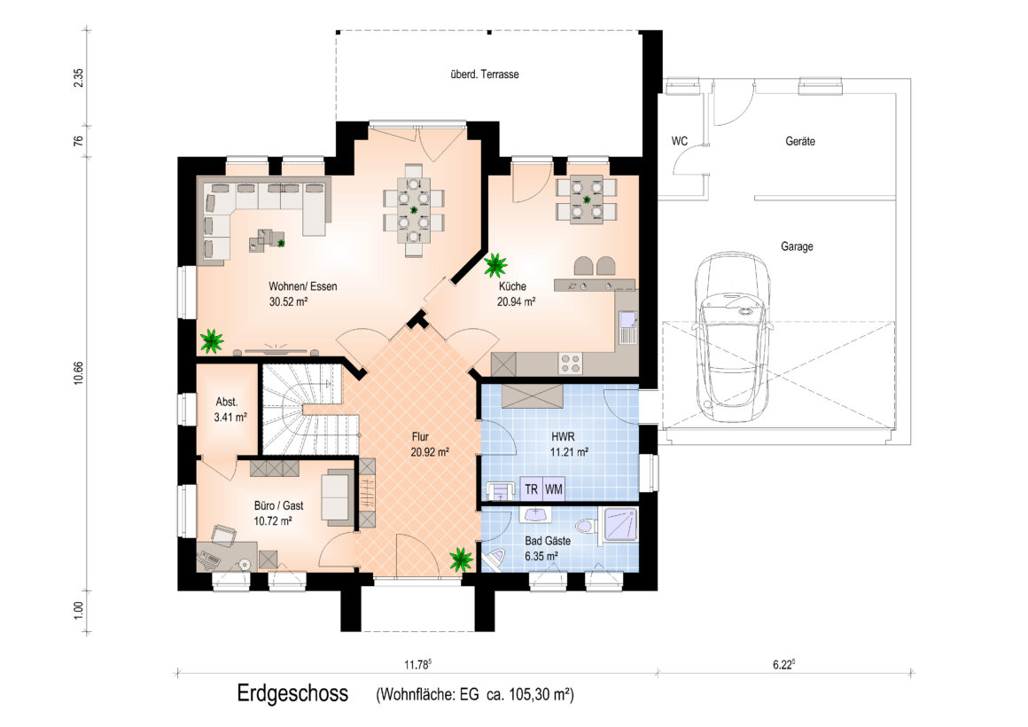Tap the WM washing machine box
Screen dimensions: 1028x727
(x=554, y=489)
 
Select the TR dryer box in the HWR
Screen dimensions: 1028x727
(x=531, y=489)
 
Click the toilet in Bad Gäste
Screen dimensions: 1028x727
(x=586, y=527)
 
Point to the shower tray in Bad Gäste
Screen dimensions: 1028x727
(x=619, y=524)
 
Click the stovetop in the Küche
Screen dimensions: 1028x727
(x=570, y=363)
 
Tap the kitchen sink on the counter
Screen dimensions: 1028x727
(x=628, y=327)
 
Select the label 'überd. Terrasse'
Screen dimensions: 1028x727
(x=485, y=74)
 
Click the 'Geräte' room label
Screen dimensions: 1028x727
(x=800, y=141)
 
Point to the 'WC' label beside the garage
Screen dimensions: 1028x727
(x=679, y=141)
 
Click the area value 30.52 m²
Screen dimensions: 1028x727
(x=289, y=301)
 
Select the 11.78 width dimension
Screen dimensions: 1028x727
(x=417, y=665)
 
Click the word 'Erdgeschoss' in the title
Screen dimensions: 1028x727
(x=292, y=693)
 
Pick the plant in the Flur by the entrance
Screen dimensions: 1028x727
(x=461, y=559)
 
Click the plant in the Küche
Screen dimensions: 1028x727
(x=495, y=265)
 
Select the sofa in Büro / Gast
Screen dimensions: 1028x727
(x=337, y=497)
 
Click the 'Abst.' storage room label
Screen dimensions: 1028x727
(x=227, y=403)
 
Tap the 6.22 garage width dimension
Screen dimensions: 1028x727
(x=783, y=665)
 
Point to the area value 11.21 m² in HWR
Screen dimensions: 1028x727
(x=569, y=452)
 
